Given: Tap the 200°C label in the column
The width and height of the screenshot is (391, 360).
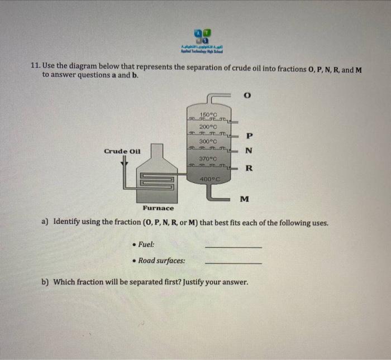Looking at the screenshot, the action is coord(208,127).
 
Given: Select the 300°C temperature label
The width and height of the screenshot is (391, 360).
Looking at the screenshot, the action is coord(208,142).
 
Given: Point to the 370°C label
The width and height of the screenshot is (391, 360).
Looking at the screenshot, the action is coord(208,158).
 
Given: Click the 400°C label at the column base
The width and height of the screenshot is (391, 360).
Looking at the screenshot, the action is coord(208,179).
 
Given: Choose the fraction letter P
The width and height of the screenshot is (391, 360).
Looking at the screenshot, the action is coord(249,136).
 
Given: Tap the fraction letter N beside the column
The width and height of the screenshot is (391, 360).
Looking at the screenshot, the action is coord(249,151).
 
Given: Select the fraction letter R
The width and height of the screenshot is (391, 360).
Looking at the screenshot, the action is coord(249,168).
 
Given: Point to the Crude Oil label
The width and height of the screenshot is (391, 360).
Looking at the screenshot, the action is coord(122,151).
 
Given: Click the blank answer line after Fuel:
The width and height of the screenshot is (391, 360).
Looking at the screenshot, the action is coord(233,247).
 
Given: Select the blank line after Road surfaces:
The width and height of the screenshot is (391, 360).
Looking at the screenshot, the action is coord(233,263).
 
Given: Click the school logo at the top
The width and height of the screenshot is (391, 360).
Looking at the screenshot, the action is coord(202,36).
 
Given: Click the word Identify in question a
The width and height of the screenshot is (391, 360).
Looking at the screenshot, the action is coord(70,222).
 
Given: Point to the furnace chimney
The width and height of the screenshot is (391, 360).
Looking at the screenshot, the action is coord(158,151).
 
